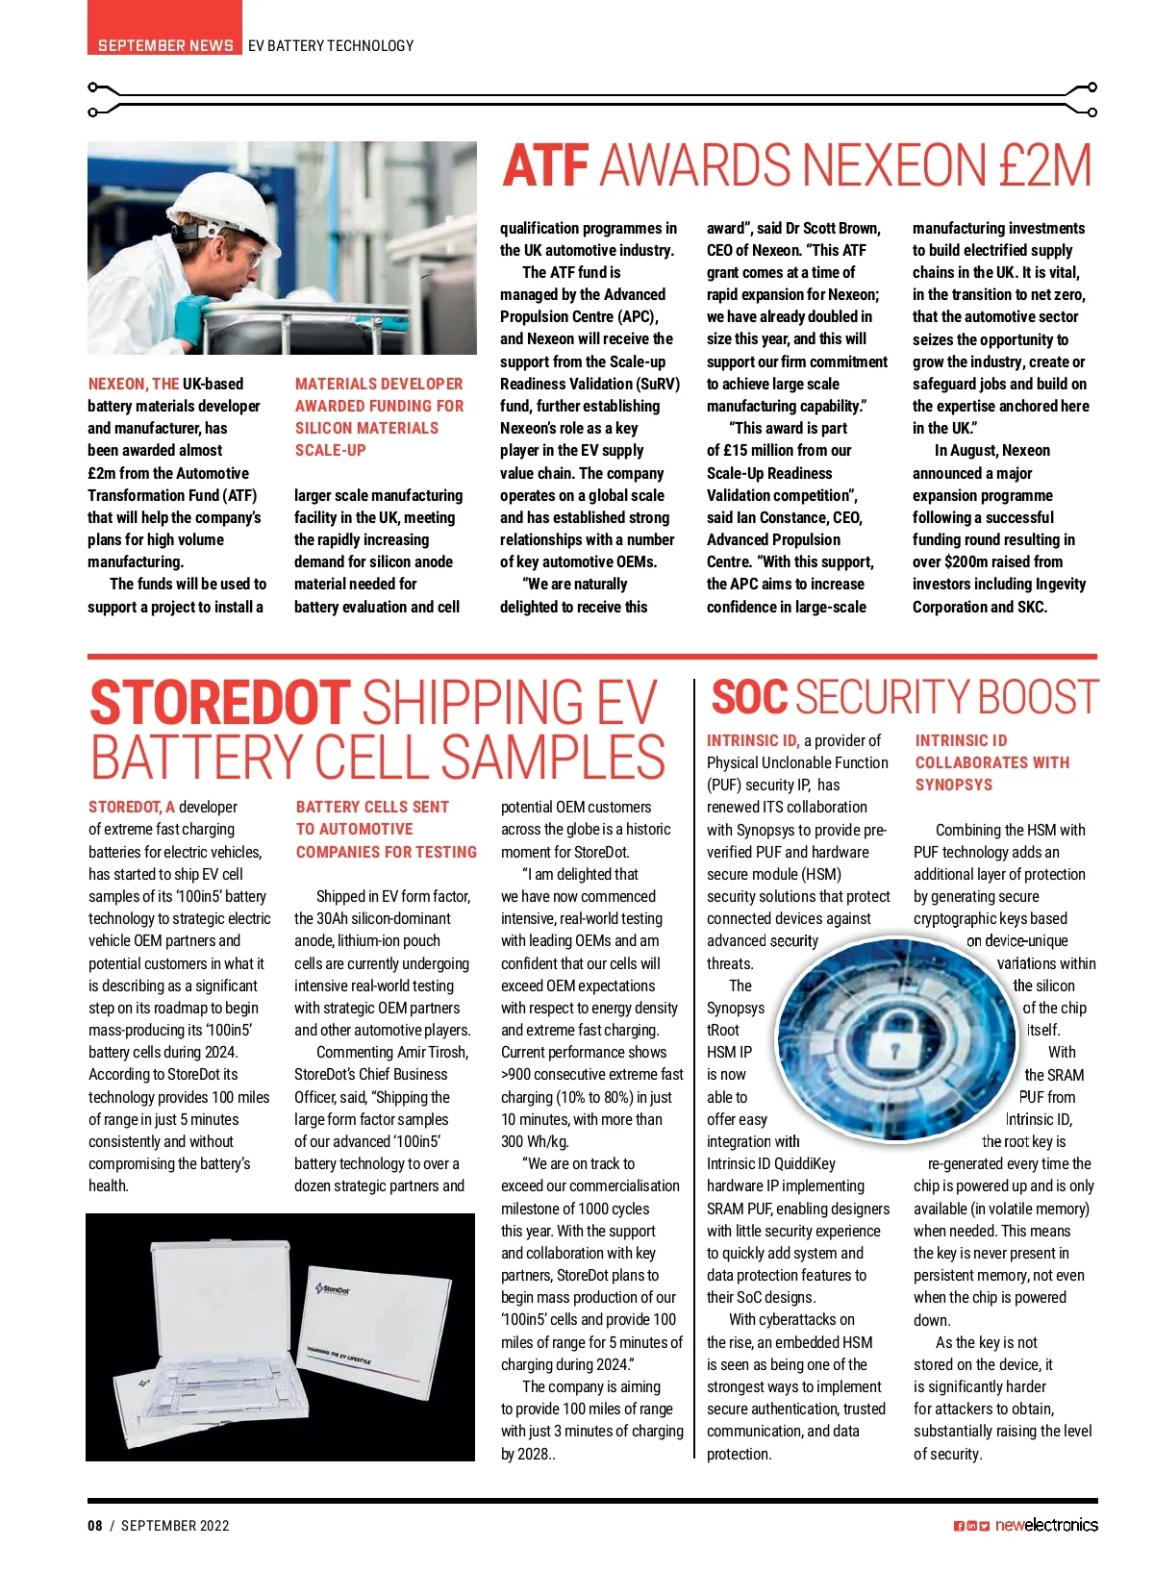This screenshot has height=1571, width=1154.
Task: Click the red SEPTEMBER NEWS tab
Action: click(164, 44)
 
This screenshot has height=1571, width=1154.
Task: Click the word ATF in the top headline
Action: click(545, 165)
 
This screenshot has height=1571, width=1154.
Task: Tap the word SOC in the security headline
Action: click(749, 697)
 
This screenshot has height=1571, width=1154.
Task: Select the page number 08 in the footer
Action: click(95, 1525)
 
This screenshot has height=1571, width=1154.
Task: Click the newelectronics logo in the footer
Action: click(1045, 1525)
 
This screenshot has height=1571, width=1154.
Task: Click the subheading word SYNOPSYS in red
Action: click(953, 785)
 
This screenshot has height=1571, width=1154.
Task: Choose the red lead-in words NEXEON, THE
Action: click(134, 384)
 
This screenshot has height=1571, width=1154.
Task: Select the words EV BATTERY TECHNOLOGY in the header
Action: click(331, 45)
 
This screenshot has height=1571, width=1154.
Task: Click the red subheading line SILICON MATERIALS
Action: click(366, 428)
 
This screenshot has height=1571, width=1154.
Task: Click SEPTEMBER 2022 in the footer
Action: click(175, 1525)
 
